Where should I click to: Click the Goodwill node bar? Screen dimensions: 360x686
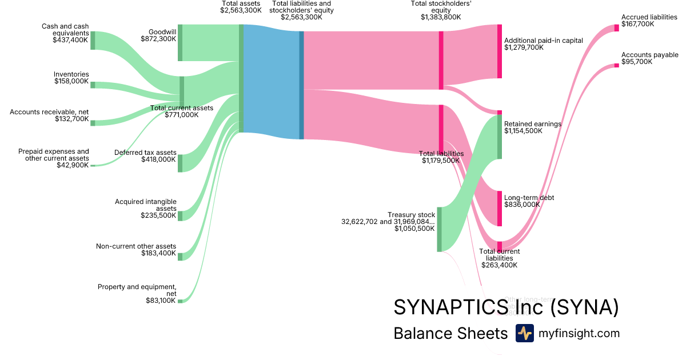pos(180,42)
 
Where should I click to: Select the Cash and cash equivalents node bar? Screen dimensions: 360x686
pos(93,41)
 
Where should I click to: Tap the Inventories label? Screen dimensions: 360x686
pos(71,74)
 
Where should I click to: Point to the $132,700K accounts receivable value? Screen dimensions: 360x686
pos(72,119)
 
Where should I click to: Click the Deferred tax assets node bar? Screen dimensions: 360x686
pos(180,163)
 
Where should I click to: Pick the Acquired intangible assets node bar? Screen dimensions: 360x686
pos(180,215)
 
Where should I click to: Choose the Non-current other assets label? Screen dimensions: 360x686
pos(136,246)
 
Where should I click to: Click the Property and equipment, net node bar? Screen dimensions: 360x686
pos(180,301)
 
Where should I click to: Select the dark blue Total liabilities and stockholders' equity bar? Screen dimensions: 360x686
pos(301,85)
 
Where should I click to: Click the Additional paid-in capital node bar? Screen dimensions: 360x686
pos(499,51)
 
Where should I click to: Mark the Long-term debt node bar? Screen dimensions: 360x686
pos(499,208)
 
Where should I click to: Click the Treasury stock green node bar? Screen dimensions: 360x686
pos(439,229)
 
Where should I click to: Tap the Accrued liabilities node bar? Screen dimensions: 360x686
pos(616,28)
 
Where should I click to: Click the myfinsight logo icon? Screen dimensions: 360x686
pos(524,333)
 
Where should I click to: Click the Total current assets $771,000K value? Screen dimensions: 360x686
pos(182,115)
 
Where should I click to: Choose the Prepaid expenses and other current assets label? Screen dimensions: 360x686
pos(54,155)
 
